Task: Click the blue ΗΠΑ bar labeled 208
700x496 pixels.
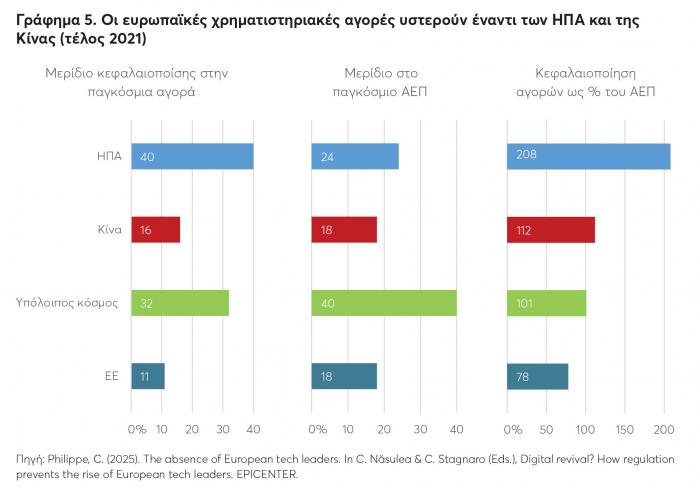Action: click(x=590, y=156)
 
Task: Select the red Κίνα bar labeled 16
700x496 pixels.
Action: click(x=155, y=229)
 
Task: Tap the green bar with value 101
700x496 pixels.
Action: click(x=547, y=302)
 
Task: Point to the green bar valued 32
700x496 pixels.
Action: click(x=180, y=302)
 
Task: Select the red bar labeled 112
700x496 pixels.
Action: click(x=552, y=229)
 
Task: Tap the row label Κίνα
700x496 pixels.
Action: click(x=109, y=229)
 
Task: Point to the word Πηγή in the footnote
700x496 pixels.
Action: click(x=30, y=458)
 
